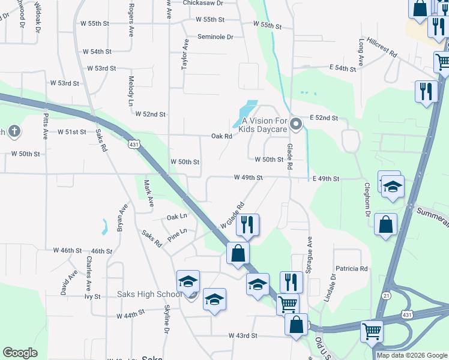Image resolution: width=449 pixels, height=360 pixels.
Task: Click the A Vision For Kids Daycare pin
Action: (295, 124)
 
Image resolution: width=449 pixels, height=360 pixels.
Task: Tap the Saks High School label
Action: (149, 294)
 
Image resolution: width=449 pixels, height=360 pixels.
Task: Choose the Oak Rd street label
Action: (221, 136)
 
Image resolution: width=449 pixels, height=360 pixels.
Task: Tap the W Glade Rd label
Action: (232, 215)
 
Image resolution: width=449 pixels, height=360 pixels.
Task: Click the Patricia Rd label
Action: (351, 269)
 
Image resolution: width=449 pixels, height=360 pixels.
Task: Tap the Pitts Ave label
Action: (45, 127)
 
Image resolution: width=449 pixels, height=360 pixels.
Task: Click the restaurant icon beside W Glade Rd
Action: (247, 224)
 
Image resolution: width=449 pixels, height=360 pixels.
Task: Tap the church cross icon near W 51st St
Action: (2, 131)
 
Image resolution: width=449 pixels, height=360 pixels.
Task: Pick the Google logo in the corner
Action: (20, 353)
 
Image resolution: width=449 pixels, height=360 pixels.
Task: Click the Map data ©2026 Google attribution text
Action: (412, 355)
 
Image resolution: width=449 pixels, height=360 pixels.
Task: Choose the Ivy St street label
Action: (92, 296)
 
